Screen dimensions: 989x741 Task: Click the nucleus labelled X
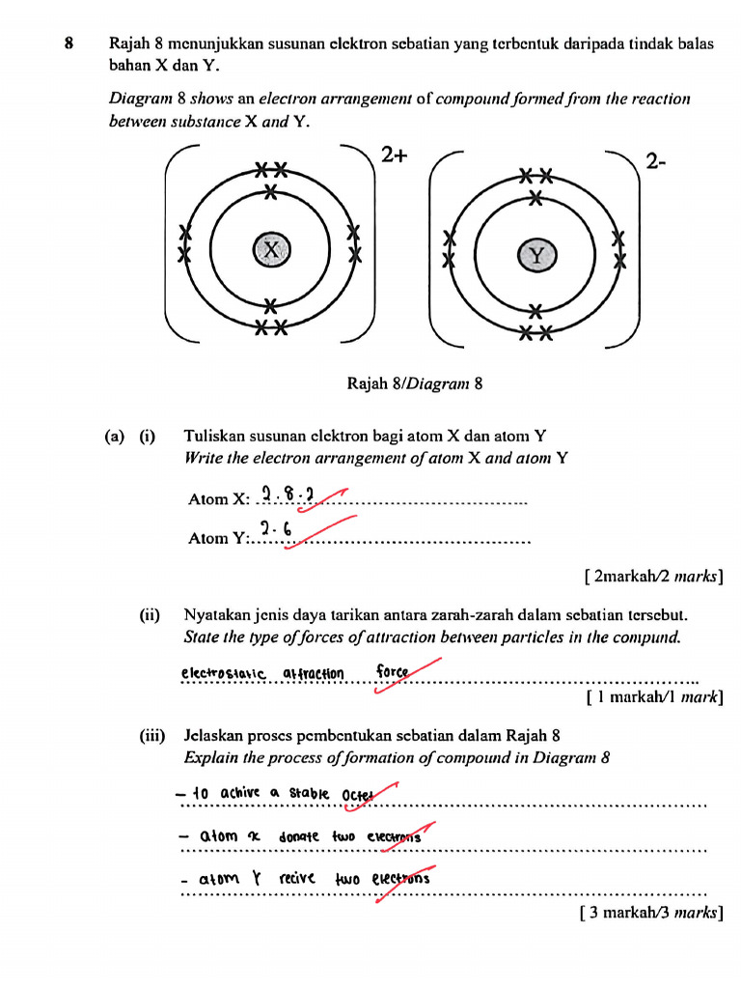[271, 250]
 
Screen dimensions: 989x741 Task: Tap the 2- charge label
[657, 162]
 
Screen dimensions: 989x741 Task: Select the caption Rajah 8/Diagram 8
[414, 383]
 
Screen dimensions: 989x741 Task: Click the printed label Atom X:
[219, 499]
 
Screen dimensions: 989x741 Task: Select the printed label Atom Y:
[218, 538]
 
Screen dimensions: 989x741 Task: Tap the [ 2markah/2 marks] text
[653, 578]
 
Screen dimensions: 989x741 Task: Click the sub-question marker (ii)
[148, 614]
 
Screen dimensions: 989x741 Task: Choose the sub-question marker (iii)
[151, 735]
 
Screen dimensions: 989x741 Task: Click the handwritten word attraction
[314, 673]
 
